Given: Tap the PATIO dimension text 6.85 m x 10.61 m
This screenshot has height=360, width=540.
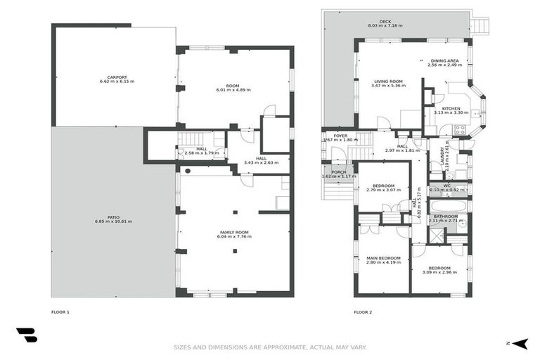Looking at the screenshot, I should [x=113, y=221].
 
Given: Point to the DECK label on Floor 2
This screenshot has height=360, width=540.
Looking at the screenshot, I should [x=385, y=22].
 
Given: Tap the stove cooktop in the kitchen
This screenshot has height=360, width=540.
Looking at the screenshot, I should [x=461, y=129].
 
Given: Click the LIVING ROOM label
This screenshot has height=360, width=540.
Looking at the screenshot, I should [x=387, y=81].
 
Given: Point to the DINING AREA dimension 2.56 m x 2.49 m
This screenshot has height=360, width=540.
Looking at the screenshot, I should [x=444, y=65].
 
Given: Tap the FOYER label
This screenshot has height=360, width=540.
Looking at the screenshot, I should [x=340, y=135].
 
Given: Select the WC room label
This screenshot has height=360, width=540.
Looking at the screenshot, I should [x=446, y=186].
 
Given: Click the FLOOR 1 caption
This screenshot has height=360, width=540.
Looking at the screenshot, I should [x=60, y=311].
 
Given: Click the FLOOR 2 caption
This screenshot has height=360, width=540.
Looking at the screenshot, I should [x=362, y=311].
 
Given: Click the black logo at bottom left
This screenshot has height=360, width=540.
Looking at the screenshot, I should [x=27, y=335].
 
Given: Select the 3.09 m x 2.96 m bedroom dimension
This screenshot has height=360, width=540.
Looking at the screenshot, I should [x=439, y=272].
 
